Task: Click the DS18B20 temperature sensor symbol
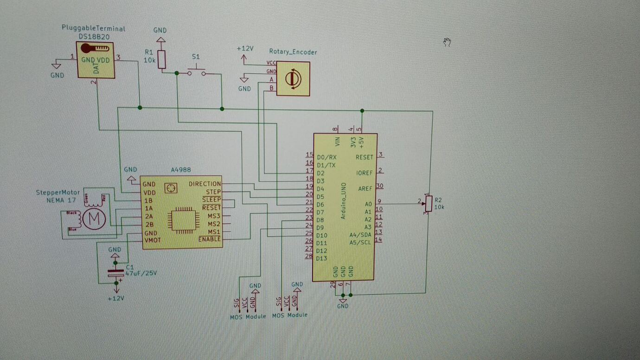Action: pos(96,60)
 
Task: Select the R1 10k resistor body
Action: pos(161,59)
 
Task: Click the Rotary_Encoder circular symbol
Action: pos(293,79)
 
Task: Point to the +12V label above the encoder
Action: pos(245,49)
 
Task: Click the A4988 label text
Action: pos(181,170)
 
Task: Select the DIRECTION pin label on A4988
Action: pos(205,184)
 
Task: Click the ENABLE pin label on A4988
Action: pos(210,239)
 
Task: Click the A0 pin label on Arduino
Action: pos(368,204)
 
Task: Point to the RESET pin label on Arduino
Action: pos(364,157)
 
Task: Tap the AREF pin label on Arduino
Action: pos(365,189)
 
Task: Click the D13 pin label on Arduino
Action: pos(321,258)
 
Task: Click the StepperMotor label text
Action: pos(58,193)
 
